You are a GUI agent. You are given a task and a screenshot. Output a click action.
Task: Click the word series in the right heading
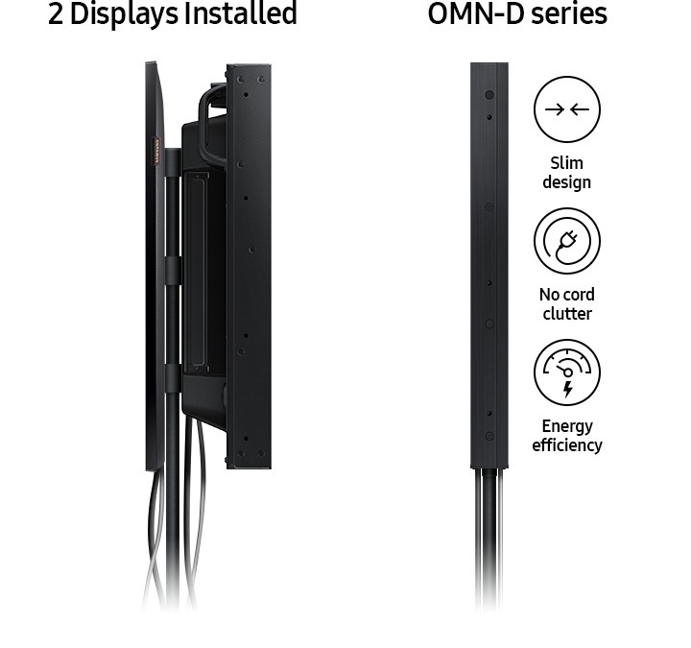click(565, 14)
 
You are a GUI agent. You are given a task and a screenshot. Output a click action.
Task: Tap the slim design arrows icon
click(567, 109)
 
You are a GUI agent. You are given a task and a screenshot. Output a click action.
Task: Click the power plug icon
click(567, 241)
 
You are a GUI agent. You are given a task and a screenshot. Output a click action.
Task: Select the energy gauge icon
click(567, 371)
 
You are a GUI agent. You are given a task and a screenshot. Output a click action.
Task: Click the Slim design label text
click(566, 173)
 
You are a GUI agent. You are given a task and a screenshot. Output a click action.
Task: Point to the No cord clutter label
click(566, 304)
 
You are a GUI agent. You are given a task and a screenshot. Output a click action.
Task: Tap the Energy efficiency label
click(567, 435)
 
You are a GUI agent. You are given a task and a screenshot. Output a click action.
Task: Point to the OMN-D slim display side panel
click(488, 264)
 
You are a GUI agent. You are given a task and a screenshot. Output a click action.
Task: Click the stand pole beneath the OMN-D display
click(488, 538)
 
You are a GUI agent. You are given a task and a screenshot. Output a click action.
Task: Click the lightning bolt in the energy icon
click(567, 388)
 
